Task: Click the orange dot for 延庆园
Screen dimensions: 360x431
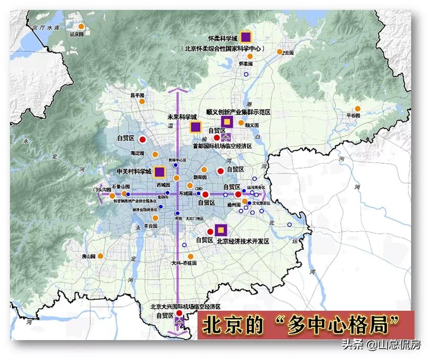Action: point(81,27)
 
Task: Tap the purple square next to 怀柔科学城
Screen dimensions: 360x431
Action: point(246,37)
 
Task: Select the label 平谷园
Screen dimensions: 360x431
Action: point(354,115)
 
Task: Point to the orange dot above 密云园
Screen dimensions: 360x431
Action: point(280,51)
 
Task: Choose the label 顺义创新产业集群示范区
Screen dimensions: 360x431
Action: point(238,112)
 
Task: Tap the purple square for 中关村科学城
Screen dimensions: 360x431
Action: point(160,171)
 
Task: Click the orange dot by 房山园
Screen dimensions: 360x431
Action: point(101,256)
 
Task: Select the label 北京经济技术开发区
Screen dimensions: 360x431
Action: point(242,241)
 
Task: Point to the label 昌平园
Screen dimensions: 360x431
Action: point(137,95)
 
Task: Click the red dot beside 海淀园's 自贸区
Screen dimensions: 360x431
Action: point(142,139)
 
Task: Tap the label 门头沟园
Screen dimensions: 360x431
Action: point(102,189)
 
